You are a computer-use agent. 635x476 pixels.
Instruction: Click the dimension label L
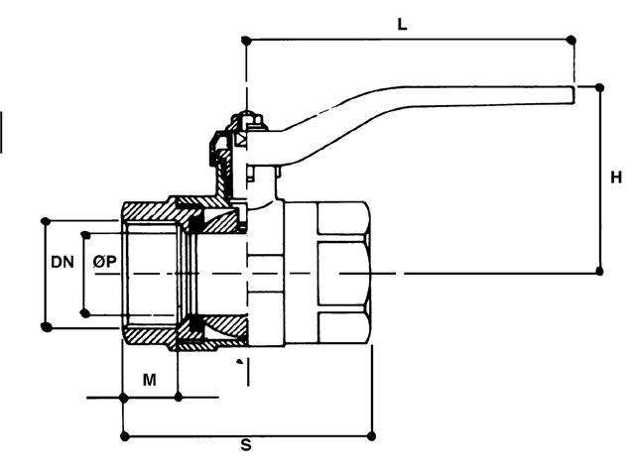(x=402, y=25)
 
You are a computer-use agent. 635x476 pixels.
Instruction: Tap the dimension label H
(x=616, y=178)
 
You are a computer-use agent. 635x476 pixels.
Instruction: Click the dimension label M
(x=149, y=379)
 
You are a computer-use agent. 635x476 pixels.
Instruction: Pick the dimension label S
(x=246, y=446)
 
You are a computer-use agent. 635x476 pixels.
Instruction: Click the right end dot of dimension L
(x=571, y=40)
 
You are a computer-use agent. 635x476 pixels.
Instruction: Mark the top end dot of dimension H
(x=598, y=86)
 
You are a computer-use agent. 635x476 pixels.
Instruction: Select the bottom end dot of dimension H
(x=598, y=271)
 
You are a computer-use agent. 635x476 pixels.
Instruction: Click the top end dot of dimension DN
(x=46, y=220)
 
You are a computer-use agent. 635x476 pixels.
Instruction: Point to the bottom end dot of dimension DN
(x=46, y=326)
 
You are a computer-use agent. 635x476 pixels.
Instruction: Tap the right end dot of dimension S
(x=373, y=434)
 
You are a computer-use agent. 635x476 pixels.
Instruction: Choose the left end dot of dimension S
(x=123, y=434)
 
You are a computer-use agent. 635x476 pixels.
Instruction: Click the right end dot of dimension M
(x=178, y=398)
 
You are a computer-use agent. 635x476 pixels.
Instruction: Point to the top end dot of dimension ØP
(x=85, y=235)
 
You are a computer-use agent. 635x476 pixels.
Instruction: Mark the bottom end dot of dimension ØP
(x=85, y=313)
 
